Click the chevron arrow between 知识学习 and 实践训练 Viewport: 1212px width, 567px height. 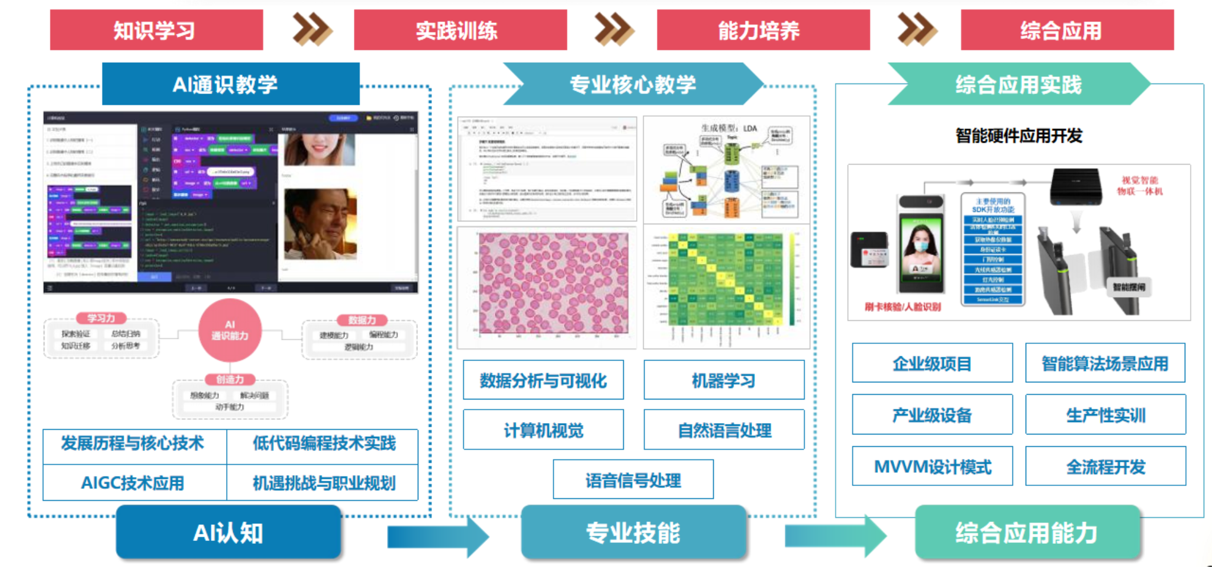coord(312,30)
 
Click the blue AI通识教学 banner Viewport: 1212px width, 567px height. coord(231,84)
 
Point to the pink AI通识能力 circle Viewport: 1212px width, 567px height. coord(230,330)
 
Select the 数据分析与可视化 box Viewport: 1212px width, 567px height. coord(543,380)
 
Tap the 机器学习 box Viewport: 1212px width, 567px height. coord(724,380)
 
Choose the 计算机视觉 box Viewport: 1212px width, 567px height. coord(543,430)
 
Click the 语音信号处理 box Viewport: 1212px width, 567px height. coord(633,479)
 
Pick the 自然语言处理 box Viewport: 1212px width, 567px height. coord(724,430)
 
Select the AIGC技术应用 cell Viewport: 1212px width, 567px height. coord(134,483)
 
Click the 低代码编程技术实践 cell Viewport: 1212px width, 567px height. coord(323,444)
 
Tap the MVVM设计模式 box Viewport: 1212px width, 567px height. coord(932,466)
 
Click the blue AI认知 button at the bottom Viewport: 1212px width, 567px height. coord(228,533)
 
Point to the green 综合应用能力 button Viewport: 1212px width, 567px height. coord(1027,533)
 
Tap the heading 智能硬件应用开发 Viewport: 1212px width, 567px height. coord(1018,136)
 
